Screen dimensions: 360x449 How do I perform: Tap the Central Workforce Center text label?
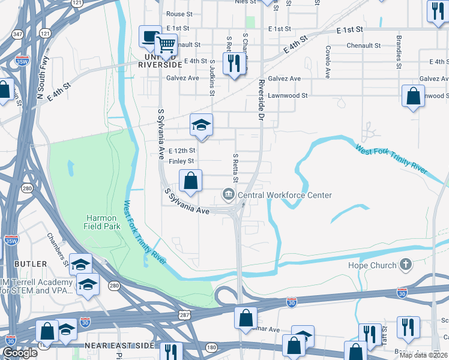pos(285,195)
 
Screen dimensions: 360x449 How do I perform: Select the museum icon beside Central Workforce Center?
pos(229,194)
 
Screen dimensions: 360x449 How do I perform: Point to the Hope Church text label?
pos(373,265)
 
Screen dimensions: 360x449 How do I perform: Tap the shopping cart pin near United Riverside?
pos(165,44)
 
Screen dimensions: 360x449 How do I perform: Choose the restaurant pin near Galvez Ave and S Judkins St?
pos(234,63)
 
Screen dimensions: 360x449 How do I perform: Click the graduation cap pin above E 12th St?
pos(202,125)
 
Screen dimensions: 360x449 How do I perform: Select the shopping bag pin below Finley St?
pos(190,180)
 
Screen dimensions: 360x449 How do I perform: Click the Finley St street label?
pos(181,161)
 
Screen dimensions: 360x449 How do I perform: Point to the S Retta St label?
pos(235,168)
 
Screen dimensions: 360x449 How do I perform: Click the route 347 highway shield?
pos(18,34)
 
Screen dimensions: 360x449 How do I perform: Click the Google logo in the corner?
pos(20,353)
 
